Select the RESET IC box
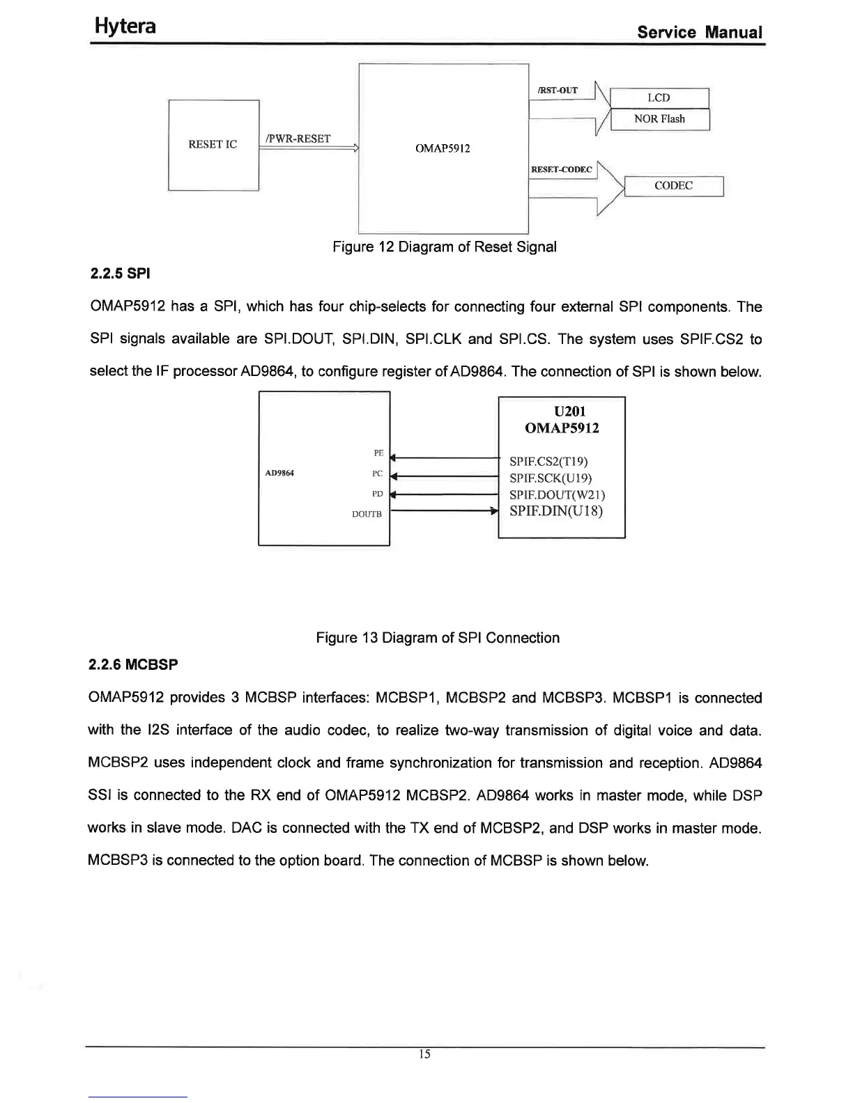coord(213,145)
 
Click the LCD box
coord(659,98)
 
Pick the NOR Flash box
coord(659,119)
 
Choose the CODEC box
coord(673,186)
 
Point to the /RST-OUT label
coord(558,91)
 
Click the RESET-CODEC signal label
coord(561,170)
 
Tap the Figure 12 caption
coord(445,247)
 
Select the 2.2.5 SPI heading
coord(121,274)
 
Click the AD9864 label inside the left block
coord(279,474)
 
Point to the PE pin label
coord(378,453)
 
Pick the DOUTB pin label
coord(367,515)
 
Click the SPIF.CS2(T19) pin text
coord(550,461)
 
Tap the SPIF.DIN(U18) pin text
coord(556,511)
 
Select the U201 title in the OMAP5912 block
coord(562,412)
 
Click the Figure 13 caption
coord(438,638)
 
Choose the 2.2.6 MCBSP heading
coord(133,665)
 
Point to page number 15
coord(425,1054)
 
